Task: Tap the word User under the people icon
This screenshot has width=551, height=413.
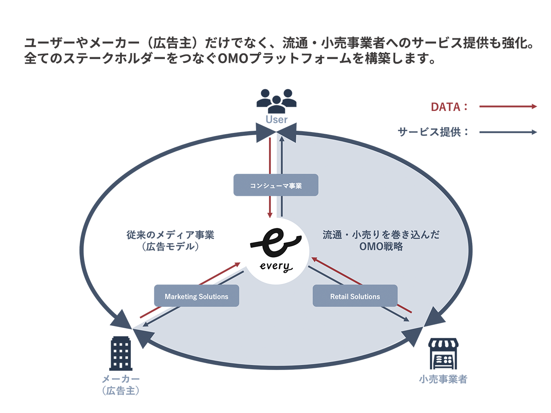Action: coord(276,120)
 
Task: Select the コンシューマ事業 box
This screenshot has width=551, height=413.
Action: coord(276,185)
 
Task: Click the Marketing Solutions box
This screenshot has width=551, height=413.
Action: coord(196,296)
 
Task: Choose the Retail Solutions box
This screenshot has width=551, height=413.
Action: coord(355,296)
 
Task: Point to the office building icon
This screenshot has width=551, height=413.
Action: coord(121,354)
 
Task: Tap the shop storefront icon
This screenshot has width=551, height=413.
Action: coord(443,354)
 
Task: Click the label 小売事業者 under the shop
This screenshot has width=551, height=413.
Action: coord(443,379)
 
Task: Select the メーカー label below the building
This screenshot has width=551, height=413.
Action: coord(121,379)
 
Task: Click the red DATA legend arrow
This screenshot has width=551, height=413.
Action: coord(508,106)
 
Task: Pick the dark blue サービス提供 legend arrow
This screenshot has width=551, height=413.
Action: coord(508,132)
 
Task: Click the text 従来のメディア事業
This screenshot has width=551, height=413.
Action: coord(170,235)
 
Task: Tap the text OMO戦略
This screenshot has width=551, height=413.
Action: coord(381,247)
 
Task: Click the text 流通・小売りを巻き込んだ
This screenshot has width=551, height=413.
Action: coord(381,235)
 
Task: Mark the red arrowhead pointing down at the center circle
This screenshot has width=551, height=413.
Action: coord(270,214)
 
